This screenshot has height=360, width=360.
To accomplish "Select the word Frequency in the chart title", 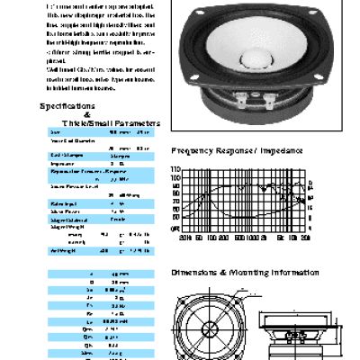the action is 195,152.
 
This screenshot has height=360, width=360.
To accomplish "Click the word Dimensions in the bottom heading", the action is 197,271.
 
